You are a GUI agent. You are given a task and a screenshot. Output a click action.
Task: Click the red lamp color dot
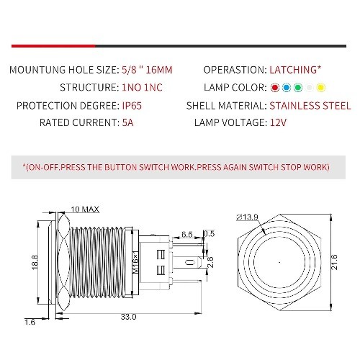click(275, 88)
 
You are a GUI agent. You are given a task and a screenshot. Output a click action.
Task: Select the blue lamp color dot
click(287, 88)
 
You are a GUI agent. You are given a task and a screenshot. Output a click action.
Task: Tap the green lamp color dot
click(298, 88)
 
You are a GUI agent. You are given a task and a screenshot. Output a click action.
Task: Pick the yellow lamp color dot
click(321, 88)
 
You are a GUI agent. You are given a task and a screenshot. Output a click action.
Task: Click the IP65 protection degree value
click(132, 106)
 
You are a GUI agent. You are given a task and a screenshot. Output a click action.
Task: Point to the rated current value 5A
click(127, 122)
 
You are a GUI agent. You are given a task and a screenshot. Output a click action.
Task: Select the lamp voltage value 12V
click(278, 122)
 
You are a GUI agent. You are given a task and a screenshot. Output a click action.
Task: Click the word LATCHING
click(293, 70)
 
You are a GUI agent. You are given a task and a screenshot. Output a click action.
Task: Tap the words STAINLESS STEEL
click(310, 106)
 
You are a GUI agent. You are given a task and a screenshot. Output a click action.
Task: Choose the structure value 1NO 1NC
click(142, 87)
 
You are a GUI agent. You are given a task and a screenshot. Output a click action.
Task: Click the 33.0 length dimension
click(128, 317)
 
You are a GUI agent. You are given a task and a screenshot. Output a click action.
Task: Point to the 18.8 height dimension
click(35, 262)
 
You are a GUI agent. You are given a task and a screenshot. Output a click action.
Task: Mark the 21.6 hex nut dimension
click(334, 262)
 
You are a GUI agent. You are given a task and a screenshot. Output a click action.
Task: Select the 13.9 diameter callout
click(247, 217)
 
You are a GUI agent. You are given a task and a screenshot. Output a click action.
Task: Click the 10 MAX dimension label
click(85, 210)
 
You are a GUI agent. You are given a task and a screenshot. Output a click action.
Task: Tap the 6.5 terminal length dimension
click(187, 234)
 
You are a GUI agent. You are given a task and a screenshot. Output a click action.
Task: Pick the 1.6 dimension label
click(30, 322)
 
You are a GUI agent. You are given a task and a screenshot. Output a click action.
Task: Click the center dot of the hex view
click(279, 262)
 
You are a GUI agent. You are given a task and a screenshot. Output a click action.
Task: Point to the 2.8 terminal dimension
click(210, 262)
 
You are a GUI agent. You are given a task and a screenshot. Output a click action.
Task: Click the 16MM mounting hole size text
click(159, 70)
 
